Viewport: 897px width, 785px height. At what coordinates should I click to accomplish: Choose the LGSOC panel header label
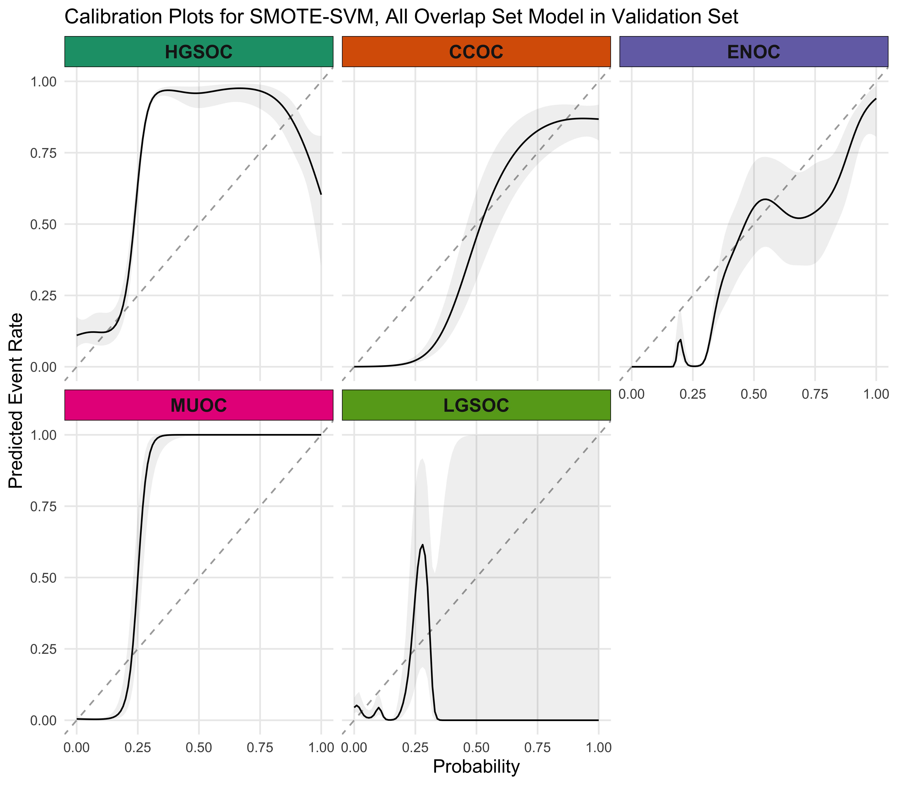[x=476, y=405]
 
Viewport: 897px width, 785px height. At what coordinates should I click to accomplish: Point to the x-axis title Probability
[x=476, y=766]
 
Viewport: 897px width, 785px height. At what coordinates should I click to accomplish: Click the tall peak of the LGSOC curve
[x=422, y=545]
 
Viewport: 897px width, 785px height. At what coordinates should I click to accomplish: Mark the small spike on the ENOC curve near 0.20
[x=680, y=340]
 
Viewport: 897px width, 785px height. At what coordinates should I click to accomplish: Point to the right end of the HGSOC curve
[x=321, y=194]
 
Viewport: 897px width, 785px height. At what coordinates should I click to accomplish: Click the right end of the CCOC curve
[x=598, y=119]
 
